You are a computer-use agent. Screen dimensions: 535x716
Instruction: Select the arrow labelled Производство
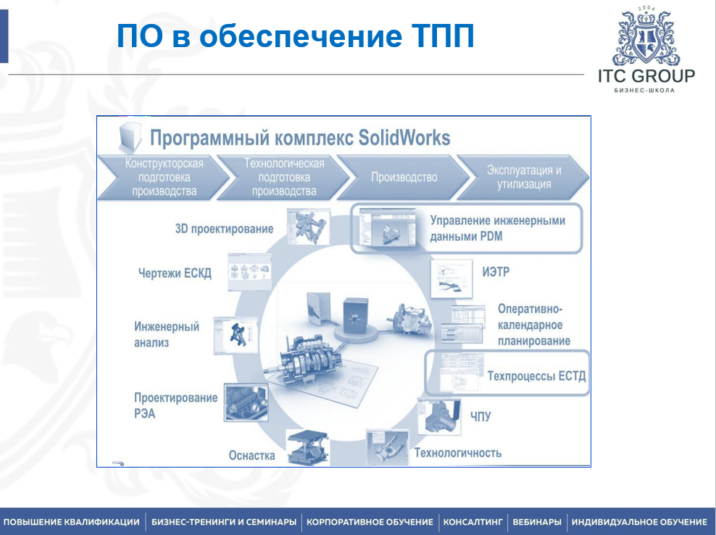click(x=404, y=177)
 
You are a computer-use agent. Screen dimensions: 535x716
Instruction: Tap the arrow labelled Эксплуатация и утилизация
click(x=524, y=177)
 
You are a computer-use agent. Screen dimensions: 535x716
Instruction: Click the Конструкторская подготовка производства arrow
click(x=164, y=178)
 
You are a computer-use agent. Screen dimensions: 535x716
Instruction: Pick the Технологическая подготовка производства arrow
click(x=284, y=178)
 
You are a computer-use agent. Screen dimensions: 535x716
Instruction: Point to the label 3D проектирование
click(x=224, y=229)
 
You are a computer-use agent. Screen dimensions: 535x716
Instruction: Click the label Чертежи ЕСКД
click(x=175, y=274)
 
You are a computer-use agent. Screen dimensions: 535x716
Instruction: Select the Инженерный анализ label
click(x=167, y=334)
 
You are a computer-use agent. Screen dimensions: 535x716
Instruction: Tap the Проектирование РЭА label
click(x=175, y=405)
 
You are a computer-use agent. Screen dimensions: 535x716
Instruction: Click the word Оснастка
click(x=251, y=455)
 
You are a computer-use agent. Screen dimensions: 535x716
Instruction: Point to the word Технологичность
click(x=457, y=453)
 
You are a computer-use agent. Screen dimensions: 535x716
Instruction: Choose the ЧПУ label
click(x=480, y=416)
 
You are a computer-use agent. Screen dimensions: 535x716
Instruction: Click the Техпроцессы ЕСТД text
click(x=536, y=376)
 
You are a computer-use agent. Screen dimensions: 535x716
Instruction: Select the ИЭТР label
click(x=497, y=273)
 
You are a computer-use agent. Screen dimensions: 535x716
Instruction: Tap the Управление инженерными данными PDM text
click(x=497, y=228)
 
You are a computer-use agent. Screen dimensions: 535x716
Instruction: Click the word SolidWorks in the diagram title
click(x=403, y=137)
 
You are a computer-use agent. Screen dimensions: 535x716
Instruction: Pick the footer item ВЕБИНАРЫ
click(x=537, y=522)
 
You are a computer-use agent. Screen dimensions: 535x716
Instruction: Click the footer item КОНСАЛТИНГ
click(x=473, y=522)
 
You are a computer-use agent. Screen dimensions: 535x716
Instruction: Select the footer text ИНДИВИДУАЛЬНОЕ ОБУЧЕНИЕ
click(x=639, y=522)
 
